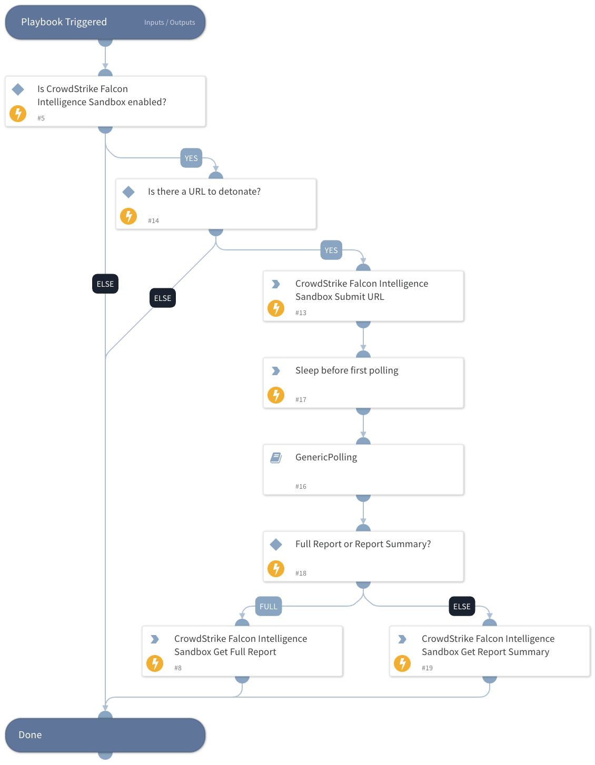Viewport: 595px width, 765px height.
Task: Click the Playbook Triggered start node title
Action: [x=64, y=22]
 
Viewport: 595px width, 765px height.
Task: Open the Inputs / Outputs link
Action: [x=170, y=23]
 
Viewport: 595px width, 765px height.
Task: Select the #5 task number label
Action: [x=41, y=118]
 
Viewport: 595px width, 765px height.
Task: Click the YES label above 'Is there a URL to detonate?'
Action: [x=191, y=158]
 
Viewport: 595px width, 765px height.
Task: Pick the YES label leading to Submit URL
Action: [x=331, y=250]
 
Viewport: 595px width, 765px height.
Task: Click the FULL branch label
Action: [x=269, y=607]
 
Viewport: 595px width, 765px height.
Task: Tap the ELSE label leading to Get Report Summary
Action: [x=462, y=607]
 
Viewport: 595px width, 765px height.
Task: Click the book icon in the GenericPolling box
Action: [x=276, y=458]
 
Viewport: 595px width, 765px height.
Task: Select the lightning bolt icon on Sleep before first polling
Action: [x=276, y=395]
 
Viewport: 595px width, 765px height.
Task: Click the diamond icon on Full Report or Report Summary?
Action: [x=276, y=545]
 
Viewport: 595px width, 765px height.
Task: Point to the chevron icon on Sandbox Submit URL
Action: [x=276, y=284]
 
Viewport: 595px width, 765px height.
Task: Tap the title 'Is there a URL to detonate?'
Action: [x=204, y=192]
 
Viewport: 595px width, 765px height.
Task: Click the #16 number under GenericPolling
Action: [x=301, y=487]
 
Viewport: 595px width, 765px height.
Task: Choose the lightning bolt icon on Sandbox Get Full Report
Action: [x=155, y=663]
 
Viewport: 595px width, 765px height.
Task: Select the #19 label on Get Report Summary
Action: [x=427, y=668]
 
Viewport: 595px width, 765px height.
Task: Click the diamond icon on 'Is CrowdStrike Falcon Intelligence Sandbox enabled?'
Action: [x=18, y=89]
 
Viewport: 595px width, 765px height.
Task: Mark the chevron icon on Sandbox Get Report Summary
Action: [x=402, y=639]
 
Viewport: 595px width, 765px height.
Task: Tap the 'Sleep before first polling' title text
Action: [x=346, y=370]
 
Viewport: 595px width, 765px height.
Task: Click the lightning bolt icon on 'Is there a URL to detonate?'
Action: [x=128, y=216]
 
